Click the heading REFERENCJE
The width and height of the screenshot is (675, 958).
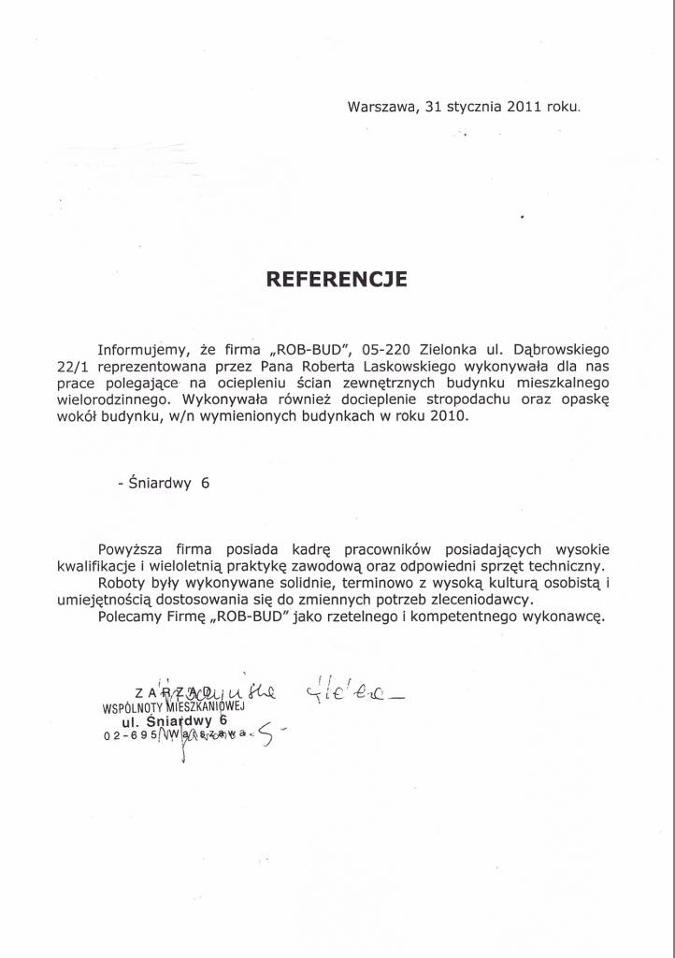pos(337,278)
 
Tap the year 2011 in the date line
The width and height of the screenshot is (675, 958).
pos(525,107)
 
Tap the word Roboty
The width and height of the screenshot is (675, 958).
pos(122,584)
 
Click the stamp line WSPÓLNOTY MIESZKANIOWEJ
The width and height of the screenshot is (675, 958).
pos(173,708)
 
